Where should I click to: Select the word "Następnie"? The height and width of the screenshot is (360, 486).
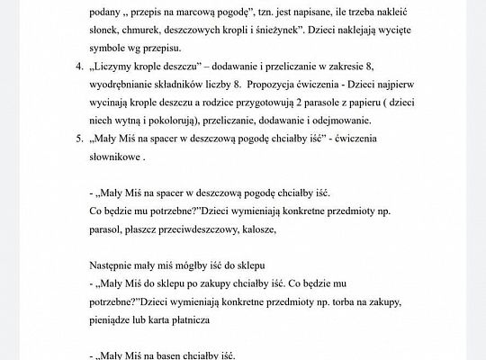(x=116, y=268)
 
